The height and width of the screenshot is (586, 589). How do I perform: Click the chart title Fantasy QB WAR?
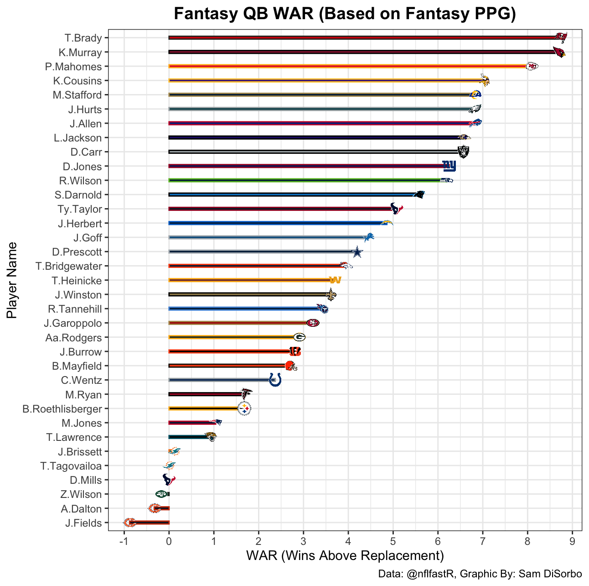coord(345,14)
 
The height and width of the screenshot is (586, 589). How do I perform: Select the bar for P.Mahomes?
coord(346,66)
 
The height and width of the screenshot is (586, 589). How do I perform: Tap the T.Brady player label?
coord(83,38)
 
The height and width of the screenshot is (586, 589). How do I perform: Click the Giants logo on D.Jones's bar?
coord(449,166)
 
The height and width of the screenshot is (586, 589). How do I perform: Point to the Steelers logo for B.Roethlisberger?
coord(245,408)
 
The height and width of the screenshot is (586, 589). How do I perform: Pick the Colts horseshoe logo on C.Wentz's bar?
coord(275,380)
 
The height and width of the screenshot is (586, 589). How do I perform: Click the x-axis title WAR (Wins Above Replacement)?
coord(345,556)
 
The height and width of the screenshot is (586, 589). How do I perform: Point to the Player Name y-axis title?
coord(12,280)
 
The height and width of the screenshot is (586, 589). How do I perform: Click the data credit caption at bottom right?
coord(480,574)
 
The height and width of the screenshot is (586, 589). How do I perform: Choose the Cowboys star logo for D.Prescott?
coord(357,252)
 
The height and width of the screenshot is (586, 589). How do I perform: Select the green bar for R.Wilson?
coord(303,180)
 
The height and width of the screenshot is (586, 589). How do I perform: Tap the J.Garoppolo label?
coord(73,323)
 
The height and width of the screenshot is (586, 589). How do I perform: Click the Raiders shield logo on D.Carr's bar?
coord(463,152)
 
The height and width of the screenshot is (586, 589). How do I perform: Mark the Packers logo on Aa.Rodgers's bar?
coord(299,337)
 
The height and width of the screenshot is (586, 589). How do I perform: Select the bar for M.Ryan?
coord(205,394)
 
